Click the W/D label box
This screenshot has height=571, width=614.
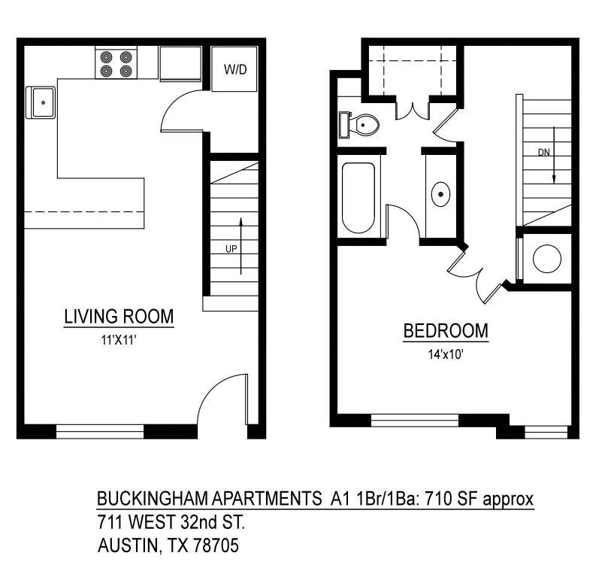(x=234, y=69)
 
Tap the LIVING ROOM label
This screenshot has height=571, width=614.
(x=119, y=317)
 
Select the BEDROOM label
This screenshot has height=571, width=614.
(x=446, y=331)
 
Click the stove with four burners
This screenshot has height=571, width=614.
(x=116, y=64)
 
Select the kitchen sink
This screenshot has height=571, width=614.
(x=41, y=102)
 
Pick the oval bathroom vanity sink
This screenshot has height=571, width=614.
(x=440, y=195)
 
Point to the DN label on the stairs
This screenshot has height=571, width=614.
(x=544, y=152)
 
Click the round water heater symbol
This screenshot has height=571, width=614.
(x=546, y=259)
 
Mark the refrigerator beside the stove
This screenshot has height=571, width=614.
(x=180, y=63)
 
